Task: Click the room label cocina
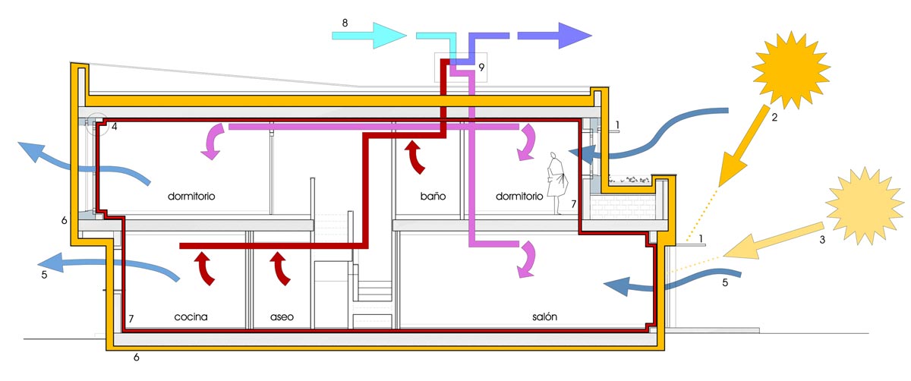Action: (x=191, y=317)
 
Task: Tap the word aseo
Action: (x=282, y=317)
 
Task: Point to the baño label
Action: (x=433, y=196)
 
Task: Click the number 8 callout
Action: (x=345, y=23)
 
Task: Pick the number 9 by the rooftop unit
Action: (x=481, y=68)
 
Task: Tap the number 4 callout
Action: (x=114, y=128)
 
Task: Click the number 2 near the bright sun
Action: (x=774, y=118)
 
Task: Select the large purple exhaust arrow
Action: (x=554, y=35)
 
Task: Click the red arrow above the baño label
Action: (x=415, y=156)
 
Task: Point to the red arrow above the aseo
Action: (x=279, y=269)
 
